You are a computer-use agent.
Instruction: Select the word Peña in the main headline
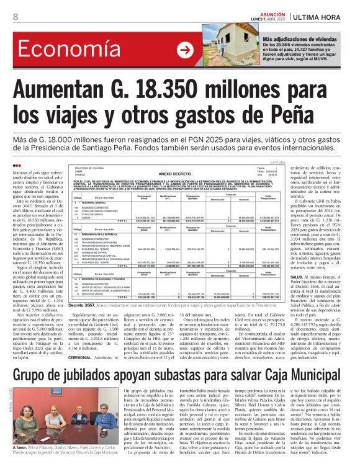pos(305,115)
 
